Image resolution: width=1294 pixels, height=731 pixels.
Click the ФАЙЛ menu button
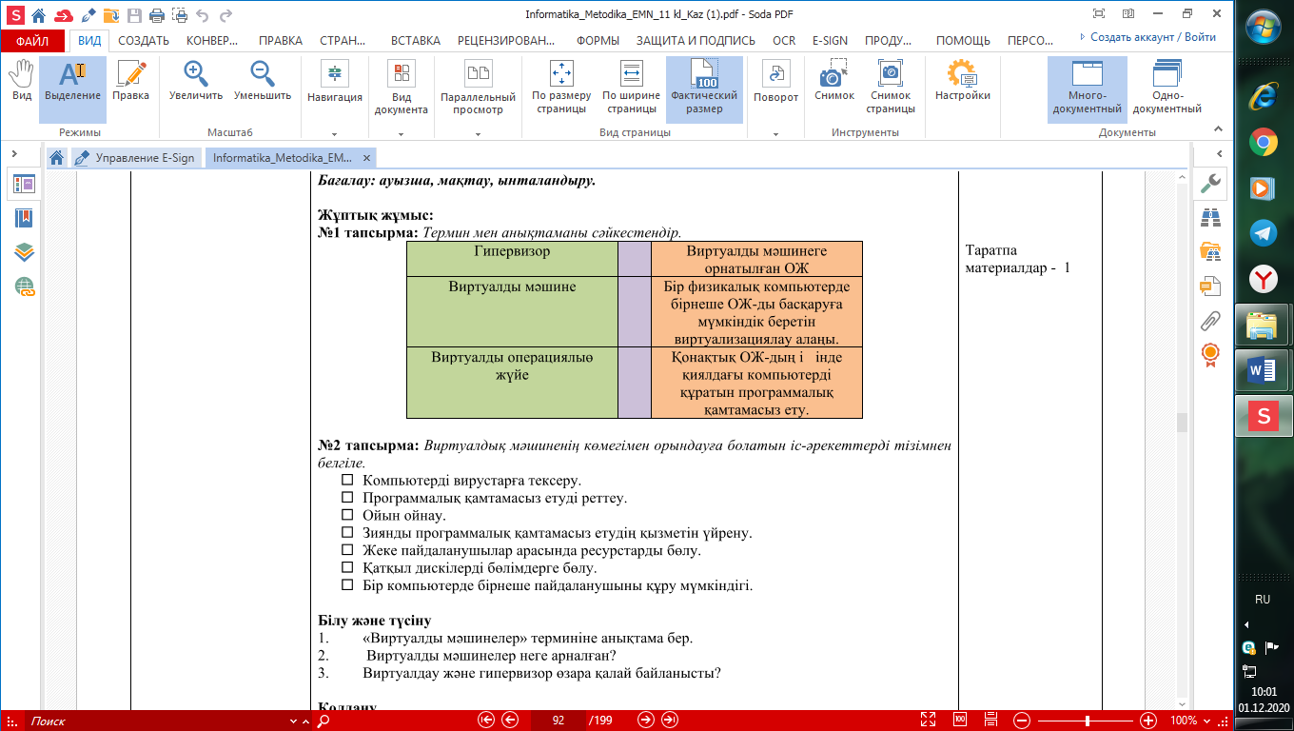point(32,41)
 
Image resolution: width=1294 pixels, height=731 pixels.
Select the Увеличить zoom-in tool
point(196,83)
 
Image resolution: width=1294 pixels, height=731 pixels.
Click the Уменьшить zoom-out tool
point(263,83)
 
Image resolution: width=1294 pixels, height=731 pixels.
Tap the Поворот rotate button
point(775,83)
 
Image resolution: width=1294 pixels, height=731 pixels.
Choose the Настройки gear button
point(962,83)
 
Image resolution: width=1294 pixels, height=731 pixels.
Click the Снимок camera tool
point(833,83)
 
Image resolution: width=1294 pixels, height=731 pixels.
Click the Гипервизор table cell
point(512,251)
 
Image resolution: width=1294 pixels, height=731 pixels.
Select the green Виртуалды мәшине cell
point(512,286)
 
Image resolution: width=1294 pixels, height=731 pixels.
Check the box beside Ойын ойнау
point(347,515)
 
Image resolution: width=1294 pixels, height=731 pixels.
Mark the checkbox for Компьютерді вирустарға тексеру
point(347,480)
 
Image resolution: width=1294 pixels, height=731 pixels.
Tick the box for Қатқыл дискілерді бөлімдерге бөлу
point(347,567)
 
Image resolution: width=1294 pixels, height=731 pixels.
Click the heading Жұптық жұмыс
point(375,215)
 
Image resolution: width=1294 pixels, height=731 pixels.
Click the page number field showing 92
point(559,721)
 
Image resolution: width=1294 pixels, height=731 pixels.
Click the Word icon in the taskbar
point(1262,369)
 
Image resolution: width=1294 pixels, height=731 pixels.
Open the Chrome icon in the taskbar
point(1262,143)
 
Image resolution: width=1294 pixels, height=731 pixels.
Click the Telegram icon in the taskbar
point(1262,232)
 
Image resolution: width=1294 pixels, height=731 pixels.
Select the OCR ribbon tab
point(784,41)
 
